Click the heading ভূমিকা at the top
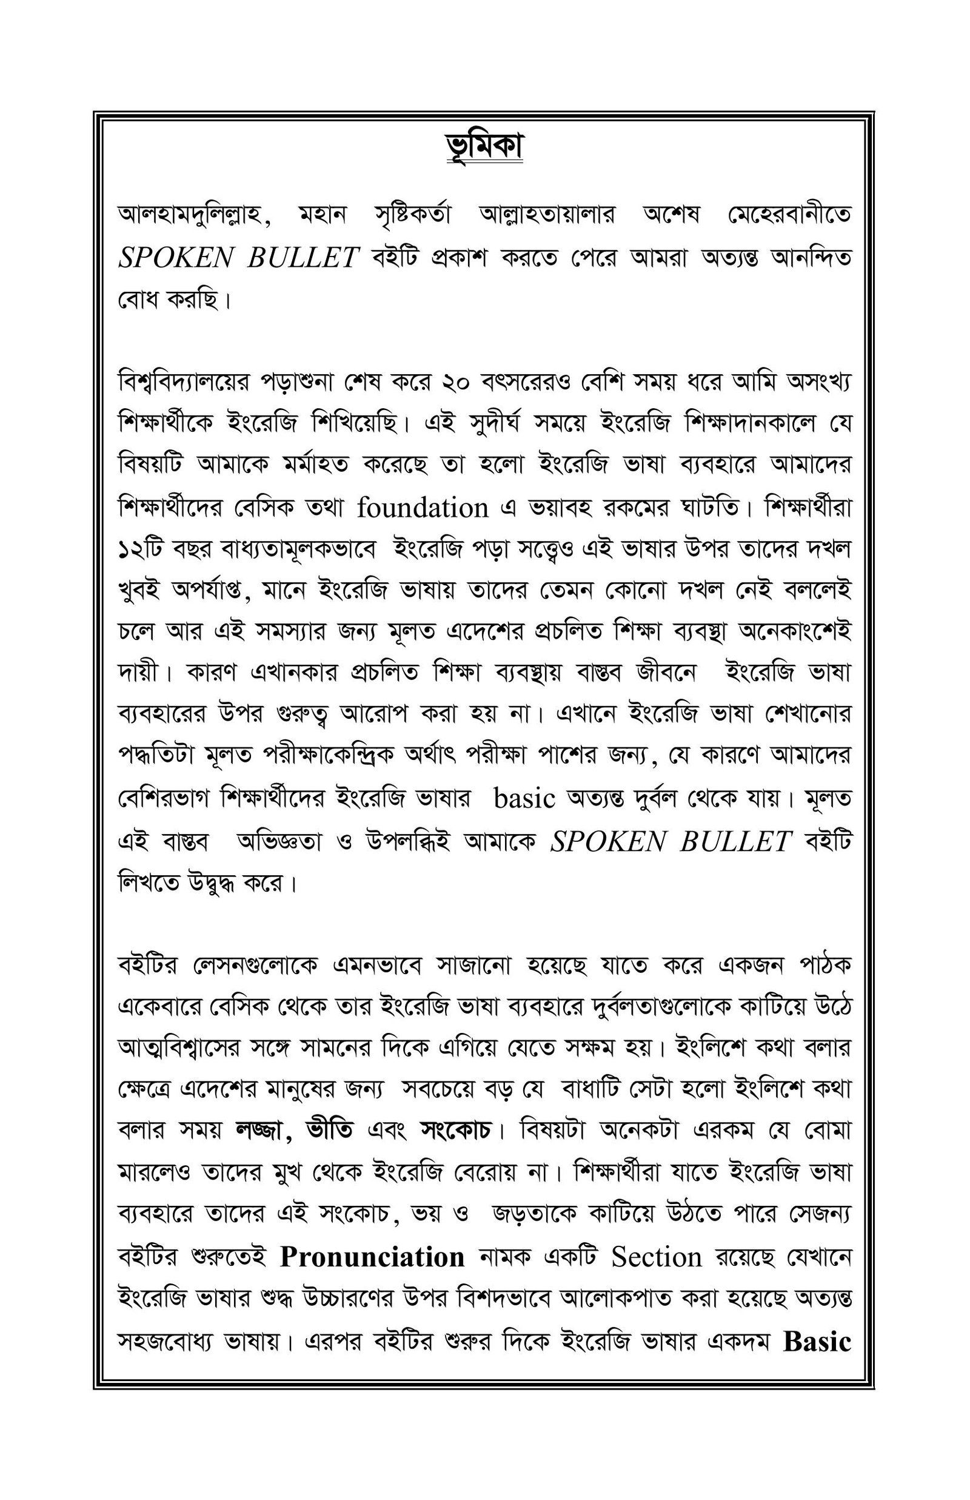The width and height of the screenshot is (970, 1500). [484, 147]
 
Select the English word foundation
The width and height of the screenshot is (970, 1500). [423, 507]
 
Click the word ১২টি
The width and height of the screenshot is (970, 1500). [141, 550]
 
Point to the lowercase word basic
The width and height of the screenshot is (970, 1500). [524, 799]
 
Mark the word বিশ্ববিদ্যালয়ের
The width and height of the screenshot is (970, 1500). [184, 382]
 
